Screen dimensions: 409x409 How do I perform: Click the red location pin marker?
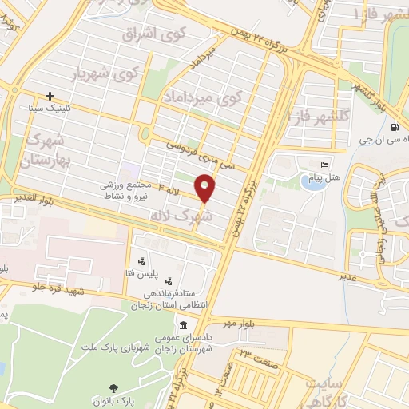206,189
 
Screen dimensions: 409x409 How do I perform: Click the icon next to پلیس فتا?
141,260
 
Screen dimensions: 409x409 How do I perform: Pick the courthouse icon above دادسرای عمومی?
184,327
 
